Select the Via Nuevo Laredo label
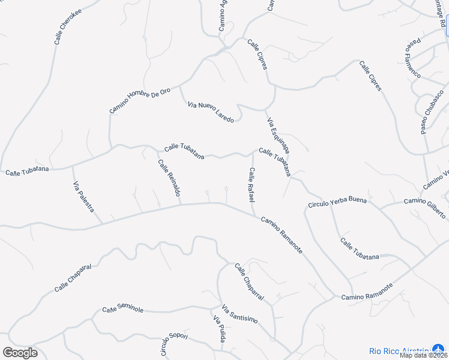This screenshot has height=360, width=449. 211,112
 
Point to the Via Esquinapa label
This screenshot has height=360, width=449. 279,135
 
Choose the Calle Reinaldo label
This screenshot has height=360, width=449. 169,179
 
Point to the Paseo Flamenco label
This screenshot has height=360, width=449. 413,59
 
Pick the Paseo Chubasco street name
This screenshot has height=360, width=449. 432,112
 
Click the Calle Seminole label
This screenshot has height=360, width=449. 123,309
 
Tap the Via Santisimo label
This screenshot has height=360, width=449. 240,314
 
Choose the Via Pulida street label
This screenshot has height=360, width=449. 219,329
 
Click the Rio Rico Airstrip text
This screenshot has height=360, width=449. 399,350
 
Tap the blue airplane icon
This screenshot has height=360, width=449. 438,349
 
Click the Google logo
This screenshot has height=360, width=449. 20,353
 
